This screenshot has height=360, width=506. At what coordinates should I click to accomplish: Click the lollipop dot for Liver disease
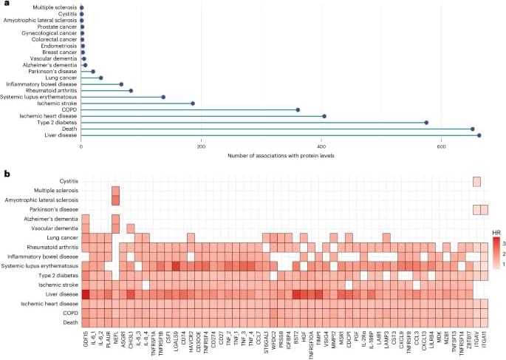point(479,135)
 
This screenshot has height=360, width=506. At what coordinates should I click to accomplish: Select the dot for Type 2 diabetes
point(426,123)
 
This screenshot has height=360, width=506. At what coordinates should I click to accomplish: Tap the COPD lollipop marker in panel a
point(298,109)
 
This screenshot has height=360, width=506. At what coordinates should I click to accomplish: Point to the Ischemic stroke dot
point(193,103)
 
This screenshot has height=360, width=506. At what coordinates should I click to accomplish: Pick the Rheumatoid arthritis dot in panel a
point(131,90)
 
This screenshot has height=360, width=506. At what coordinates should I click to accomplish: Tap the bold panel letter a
point(7,4)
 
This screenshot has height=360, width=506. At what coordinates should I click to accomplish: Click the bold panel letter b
point(7,174)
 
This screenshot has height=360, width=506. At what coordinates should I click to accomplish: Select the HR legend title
point(496,231)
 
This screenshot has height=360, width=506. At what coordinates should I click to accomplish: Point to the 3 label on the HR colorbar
point(503,242)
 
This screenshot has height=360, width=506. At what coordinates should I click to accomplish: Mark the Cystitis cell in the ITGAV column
point(476,181)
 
